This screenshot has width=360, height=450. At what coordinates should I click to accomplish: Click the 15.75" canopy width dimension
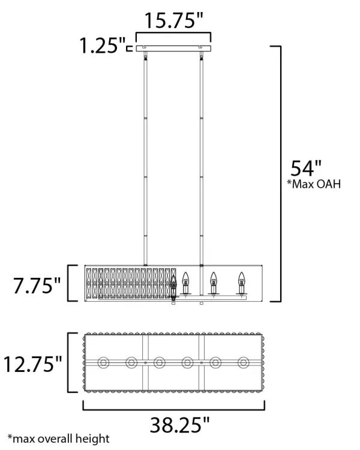pos(173,20)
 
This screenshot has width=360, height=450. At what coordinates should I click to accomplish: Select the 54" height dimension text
pos(306,169)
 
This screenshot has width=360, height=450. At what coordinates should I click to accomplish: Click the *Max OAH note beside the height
pos(314,184)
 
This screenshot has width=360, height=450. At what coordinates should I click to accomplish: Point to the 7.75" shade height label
pos(37,286)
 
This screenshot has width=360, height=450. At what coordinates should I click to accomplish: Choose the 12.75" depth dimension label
pos(32,364)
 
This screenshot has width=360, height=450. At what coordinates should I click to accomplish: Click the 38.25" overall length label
pos(180,425)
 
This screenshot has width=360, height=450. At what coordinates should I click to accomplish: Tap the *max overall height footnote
pos(59,439)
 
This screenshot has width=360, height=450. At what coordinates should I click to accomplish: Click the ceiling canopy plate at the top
pos(173,49)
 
